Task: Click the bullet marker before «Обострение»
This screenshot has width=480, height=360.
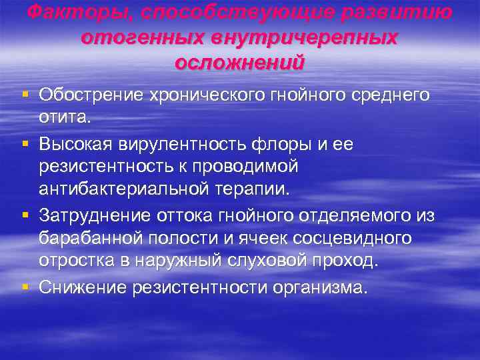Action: (25, 95)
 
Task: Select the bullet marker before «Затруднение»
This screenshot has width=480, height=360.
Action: (25, 215)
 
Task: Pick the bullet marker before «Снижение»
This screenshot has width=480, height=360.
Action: (25, 286)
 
